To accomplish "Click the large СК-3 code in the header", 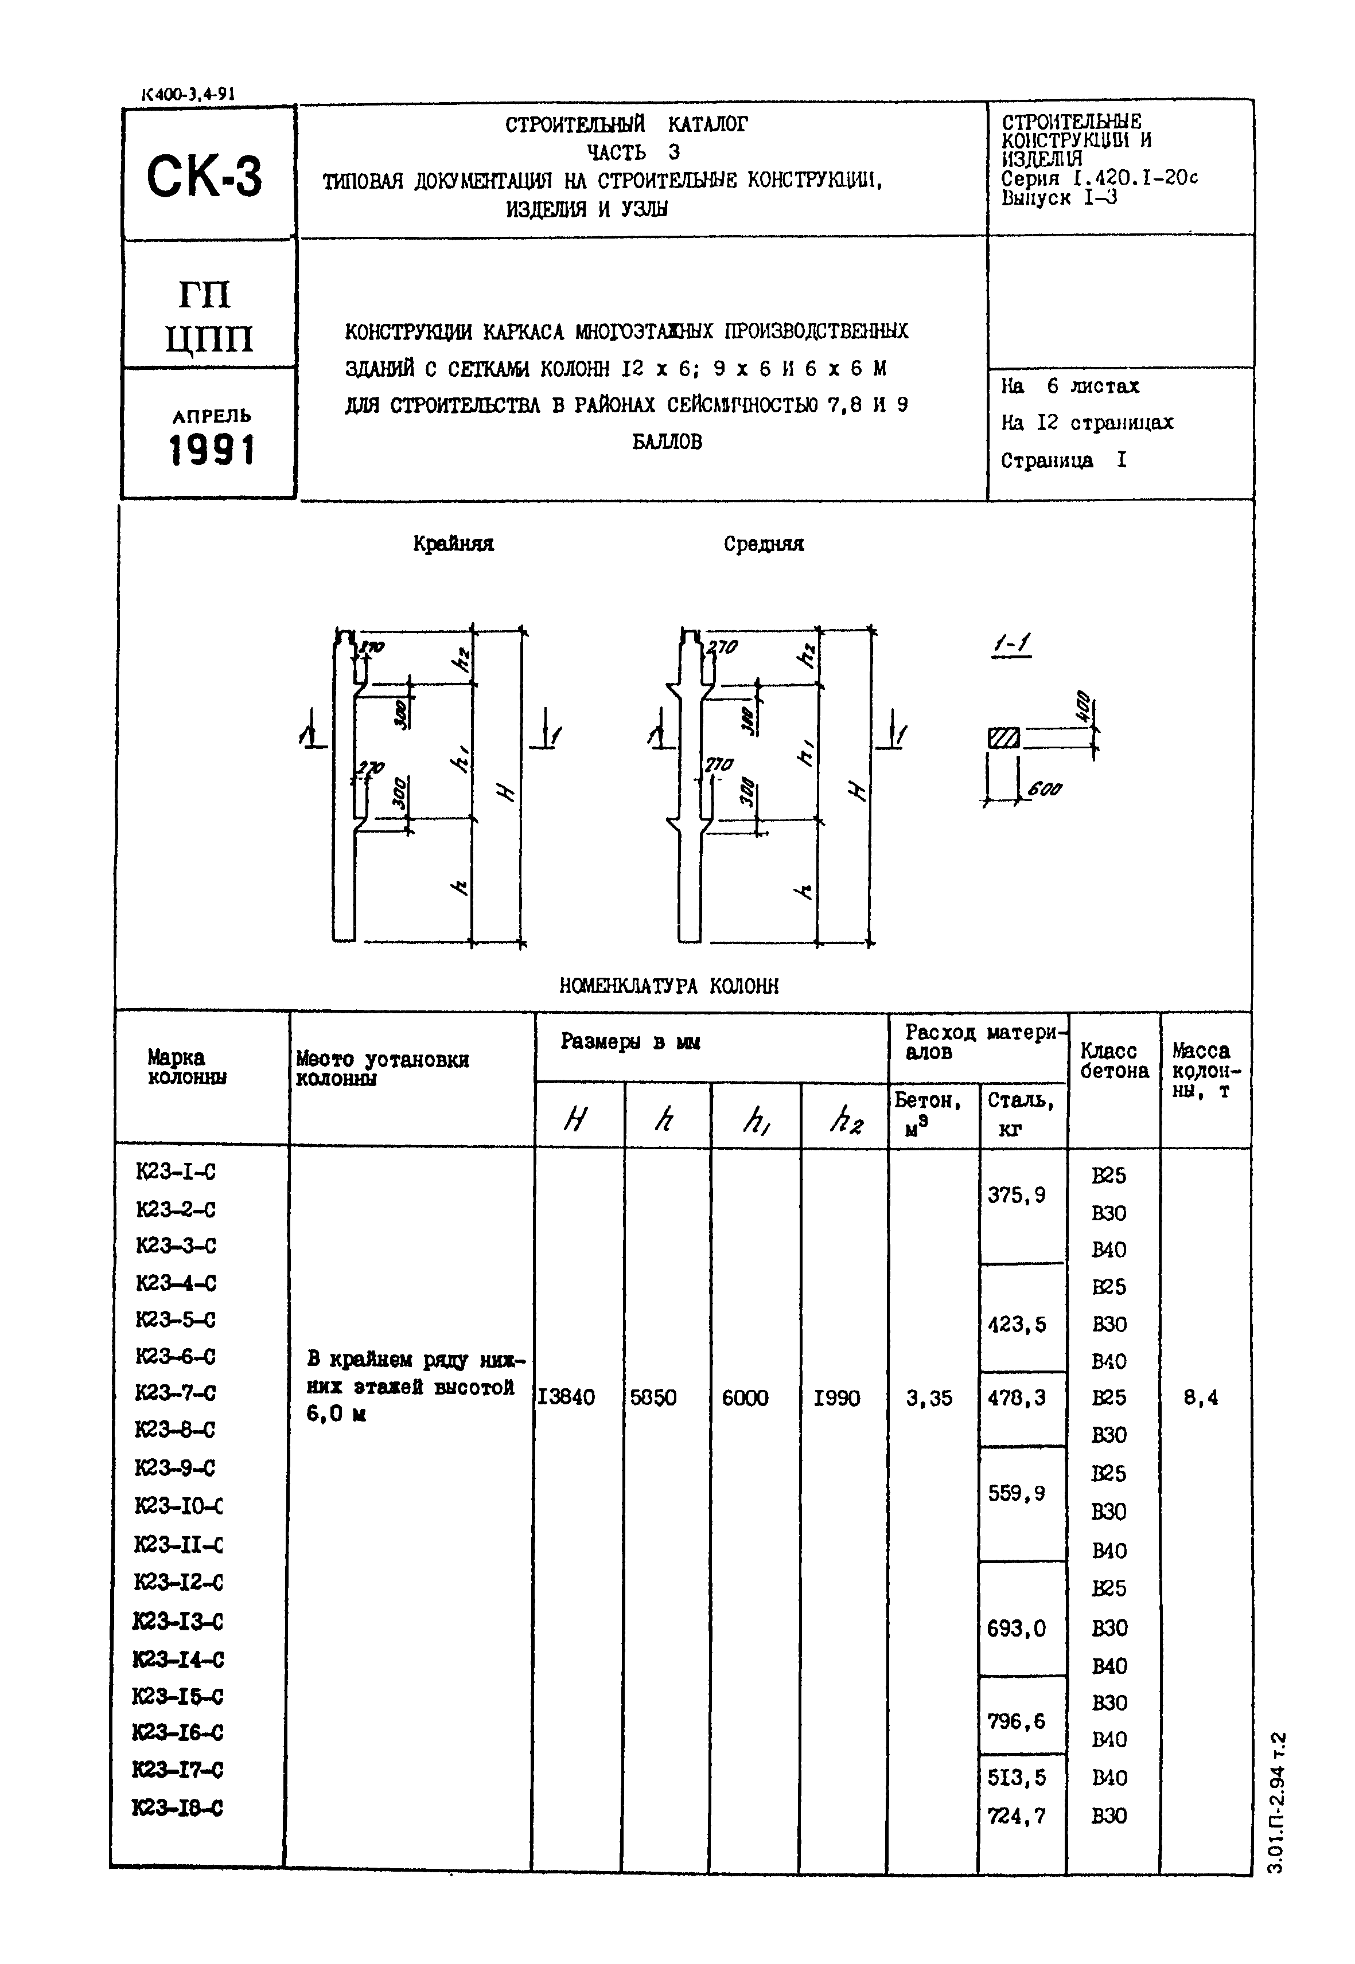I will pos(205,177).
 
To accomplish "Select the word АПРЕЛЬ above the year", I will pos(212,416).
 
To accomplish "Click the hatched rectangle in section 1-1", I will pos(1003,739).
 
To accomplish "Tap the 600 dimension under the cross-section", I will pos(1044,790).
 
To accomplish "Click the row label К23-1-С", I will pos(176,1172).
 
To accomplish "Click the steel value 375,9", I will pos(1017,1195).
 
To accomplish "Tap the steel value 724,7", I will pos(1017,1816).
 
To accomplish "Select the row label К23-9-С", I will pos(175,1467).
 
